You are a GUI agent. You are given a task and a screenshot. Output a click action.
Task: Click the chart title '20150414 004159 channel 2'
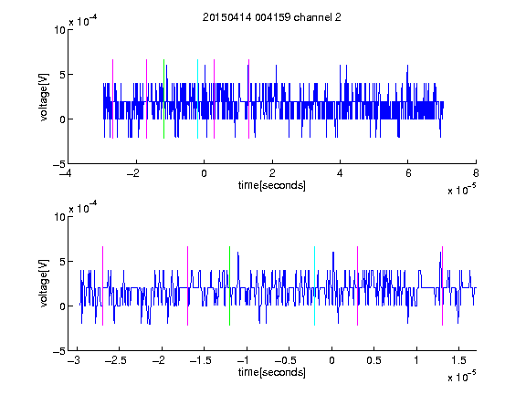(272, 17)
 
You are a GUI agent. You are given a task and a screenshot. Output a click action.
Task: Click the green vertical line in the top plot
(163, 98)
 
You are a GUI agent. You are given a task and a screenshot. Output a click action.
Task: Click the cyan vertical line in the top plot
(197, 98)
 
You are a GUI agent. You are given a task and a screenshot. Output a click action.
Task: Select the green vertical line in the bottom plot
(229, 285)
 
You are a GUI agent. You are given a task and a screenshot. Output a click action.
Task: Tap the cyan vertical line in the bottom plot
(314, 285)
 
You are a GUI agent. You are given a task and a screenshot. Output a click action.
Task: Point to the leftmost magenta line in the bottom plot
(102, 285)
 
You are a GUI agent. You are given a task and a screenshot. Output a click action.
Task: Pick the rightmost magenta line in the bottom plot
(442, 285)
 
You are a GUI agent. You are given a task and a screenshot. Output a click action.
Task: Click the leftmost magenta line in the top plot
(112, 98)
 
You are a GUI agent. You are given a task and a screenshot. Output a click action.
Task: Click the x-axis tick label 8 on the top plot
(476, 173)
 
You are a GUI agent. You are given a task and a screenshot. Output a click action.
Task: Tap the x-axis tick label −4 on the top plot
(65, 173)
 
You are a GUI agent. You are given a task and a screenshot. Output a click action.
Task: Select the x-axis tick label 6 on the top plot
(408, 173)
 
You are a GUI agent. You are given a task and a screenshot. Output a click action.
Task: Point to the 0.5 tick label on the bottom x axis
(373, 360)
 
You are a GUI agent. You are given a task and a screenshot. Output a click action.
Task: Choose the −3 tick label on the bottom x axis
(74, 360)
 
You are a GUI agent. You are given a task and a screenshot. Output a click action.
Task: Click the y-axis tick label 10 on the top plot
(59, 30)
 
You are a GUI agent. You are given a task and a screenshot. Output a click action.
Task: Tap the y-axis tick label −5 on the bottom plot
(59, 351)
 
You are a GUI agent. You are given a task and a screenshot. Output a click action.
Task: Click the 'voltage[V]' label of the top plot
(44, 98)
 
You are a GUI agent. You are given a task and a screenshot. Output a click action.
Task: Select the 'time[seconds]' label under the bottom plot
(272, 372)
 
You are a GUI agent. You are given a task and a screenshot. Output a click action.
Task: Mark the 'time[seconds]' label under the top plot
(272, 185)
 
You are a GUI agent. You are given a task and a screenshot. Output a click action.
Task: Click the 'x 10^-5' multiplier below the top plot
(461, 190)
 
